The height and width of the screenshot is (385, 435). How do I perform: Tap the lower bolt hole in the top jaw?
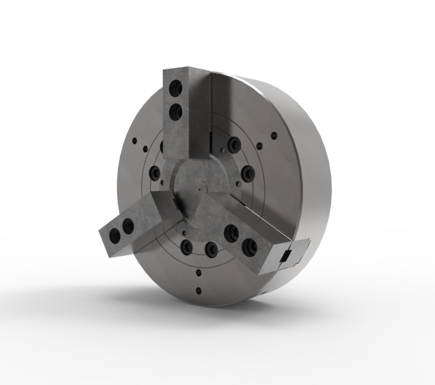click(176, 110)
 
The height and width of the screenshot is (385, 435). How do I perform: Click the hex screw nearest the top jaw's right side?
click(233, 144)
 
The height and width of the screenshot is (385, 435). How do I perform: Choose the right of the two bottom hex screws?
click(210, 248)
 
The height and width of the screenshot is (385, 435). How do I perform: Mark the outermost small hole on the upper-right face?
click(274, 135)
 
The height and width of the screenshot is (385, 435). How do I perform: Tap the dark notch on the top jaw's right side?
click(211, 140)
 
